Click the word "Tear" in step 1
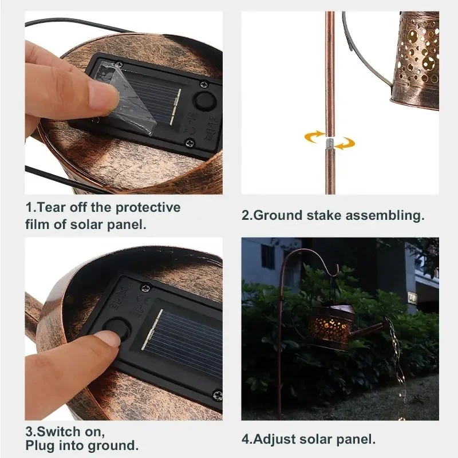point(52,207)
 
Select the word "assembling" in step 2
point(383,216)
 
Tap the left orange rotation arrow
point(314,137)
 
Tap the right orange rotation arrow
point(345,143)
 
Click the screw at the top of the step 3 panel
point(146,288)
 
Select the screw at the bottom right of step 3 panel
point(218,395)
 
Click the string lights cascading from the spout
point(397,362)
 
